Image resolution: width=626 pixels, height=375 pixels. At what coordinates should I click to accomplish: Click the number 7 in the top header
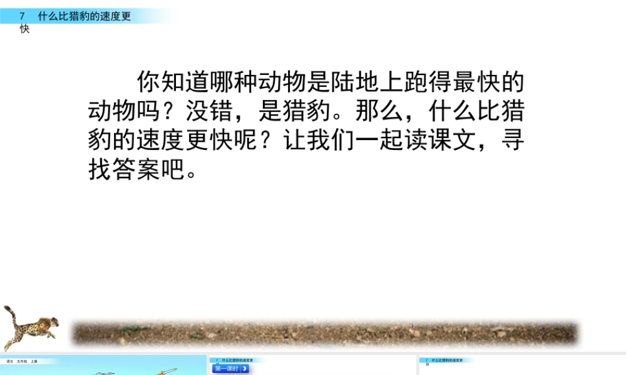click(23, 17)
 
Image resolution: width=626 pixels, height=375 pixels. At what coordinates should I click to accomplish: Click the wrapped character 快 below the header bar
click(24, 29)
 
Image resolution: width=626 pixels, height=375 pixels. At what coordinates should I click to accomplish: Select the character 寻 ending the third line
click(512, 141)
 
